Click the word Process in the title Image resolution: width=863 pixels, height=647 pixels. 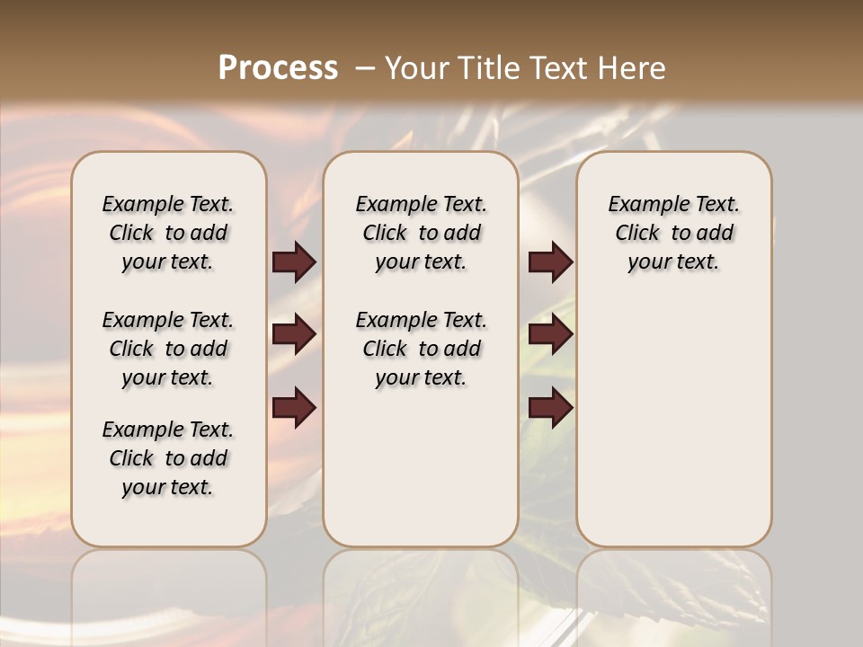click(278, 68)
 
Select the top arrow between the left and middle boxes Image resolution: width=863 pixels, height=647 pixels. click(294, 261)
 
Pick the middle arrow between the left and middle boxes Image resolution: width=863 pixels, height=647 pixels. click(294, 334)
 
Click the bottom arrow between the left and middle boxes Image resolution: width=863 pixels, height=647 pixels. click(294, 408)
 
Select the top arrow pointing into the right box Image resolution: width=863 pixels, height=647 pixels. click(550, 261)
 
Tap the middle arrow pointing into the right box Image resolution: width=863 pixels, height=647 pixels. click(550, 334)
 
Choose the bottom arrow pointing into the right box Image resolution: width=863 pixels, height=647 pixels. click(550, 408)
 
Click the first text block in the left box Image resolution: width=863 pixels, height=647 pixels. click(168, 233)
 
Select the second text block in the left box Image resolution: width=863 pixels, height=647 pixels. click(168, 349)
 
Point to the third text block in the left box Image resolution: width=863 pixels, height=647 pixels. click(168, 458)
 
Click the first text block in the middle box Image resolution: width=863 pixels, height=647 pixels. click(421, 233)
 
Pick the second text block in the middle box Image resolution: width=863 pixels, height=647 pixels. click(421, 349)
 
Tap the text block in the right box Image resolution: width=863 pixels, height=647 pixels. click(673, 233)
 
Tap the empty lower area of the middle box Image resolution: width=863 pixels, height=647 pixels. click(421, 467)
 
